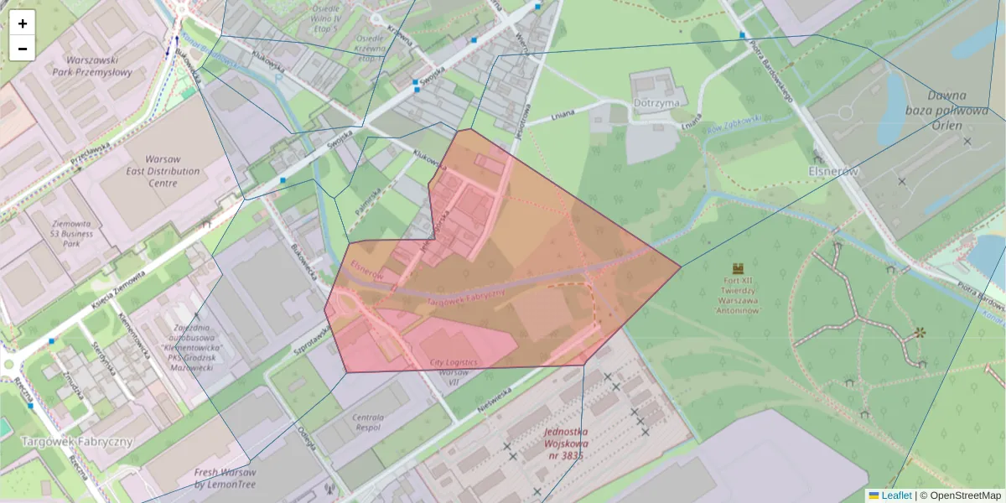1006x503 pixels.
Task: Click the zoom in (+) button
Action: click(23, 23)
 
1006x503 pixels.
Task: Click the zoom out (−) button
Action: click(23, 49)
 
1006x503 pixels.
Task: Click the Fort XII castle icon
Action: click(738, 268)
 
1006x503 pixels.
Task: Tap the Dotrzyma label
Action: click(657, 103)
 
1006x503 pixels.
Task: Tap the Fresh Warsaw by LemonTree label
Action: click(226, 478)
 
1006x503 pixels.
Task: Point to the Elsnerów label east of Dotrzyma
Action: click(836, 171)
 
